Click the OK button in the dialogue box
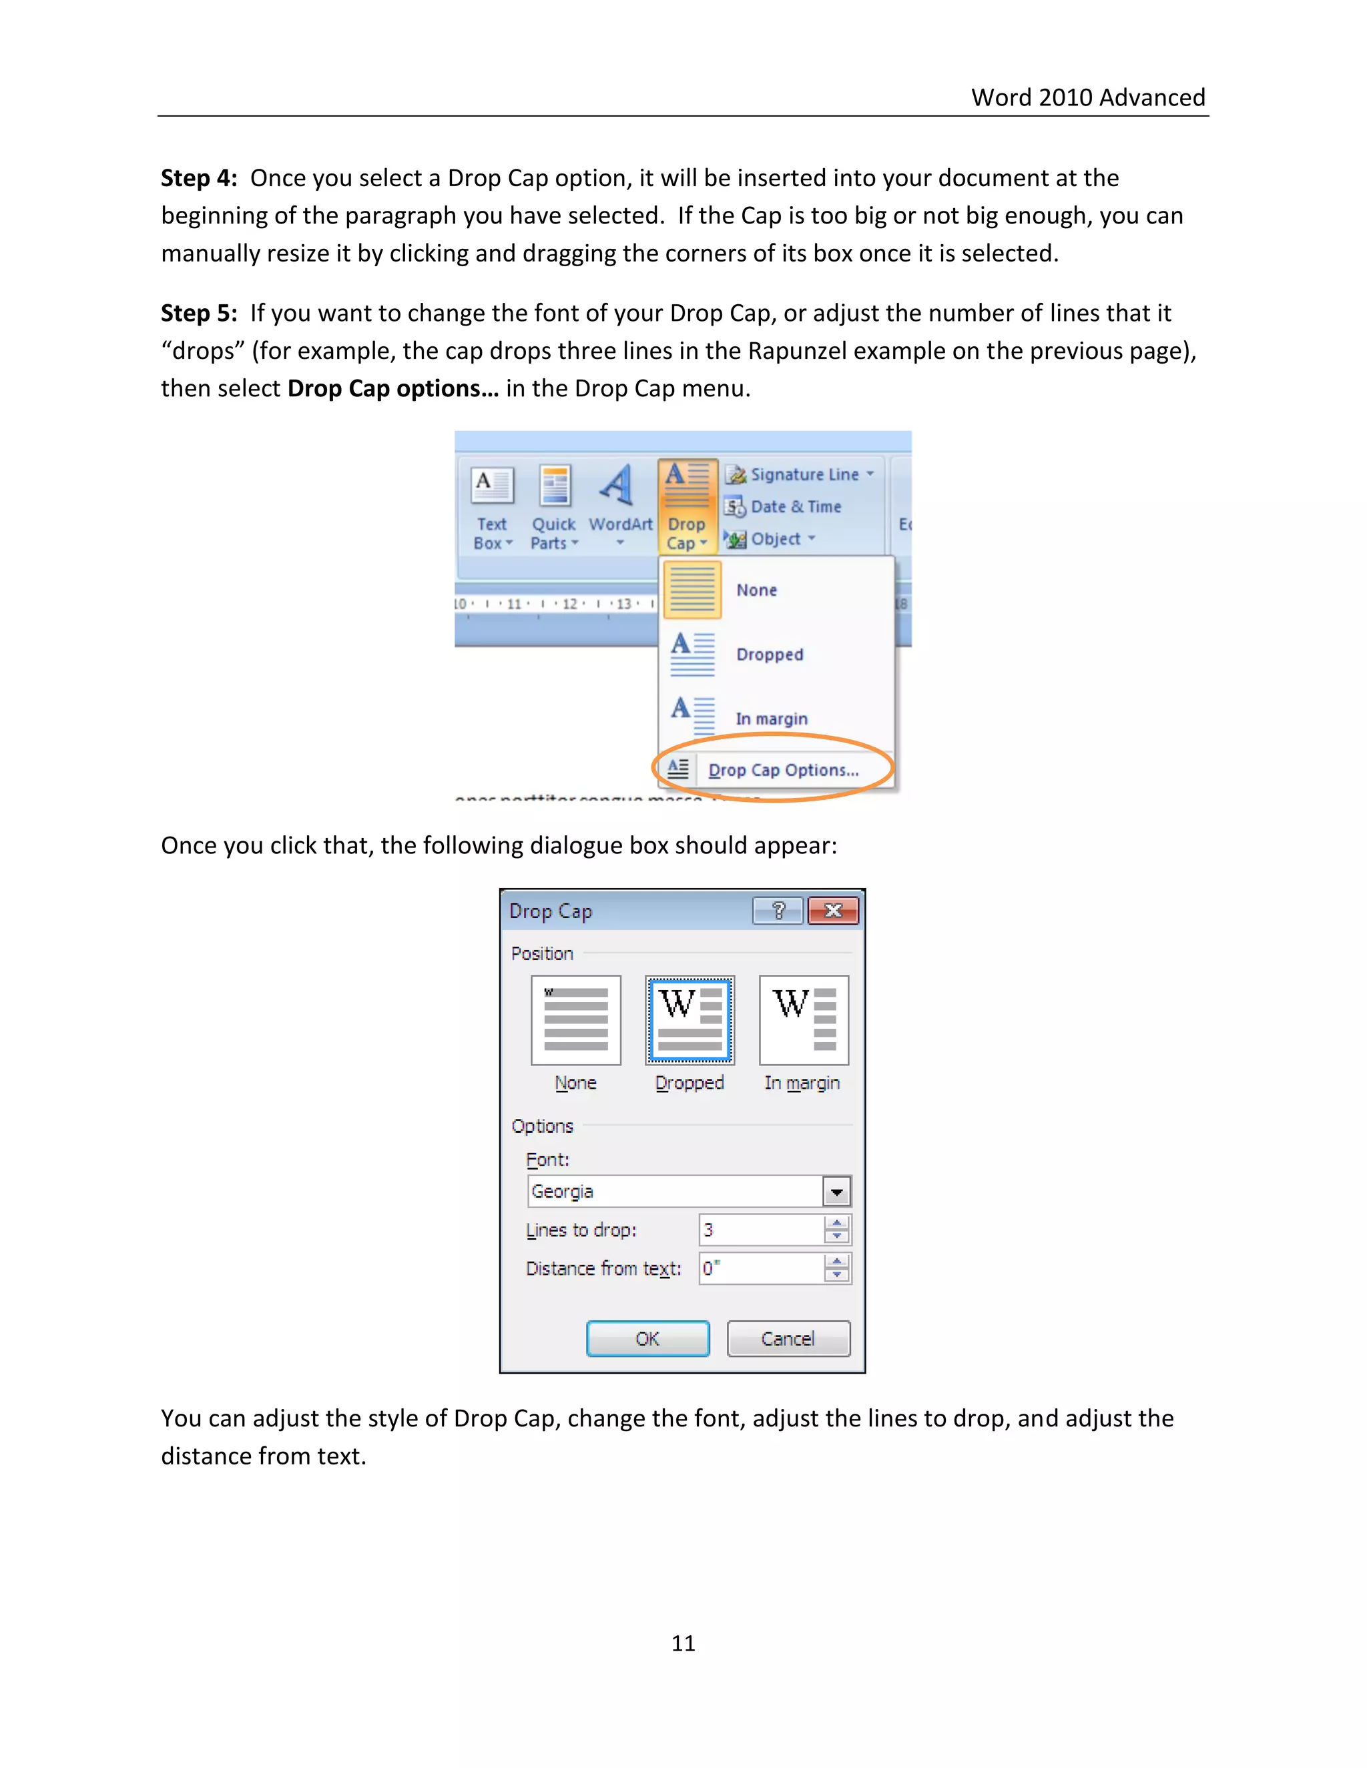click(x=647, y=1338)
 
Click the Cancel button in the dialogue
click(x=788, y=1338)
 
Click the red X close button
click(x=832, y=911)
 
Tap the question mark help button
click(x=778, y=911)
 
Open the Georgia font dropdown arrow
click(x=836, y=1192)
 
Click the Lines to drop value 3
click(x=760, y=1230)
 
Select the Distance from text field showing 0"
click(x=760, y=1268)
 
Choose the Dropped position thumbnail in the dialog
click(x=689, y=1020)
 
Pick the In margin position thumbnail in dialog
click(x=804, y=1020)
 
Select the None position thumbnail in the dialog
click(x=576, y=1020)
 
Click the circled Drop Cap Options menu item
click(x=782, y=770)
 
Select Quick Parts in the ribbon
click(x=554, y=508)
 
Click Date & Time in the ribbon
click(x=794, y=507)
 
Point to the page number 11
click(x=683, y=1643)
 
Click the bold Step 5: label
click(x=198, y=314)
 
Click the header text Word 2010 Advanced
click(x=1087, y=97)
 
